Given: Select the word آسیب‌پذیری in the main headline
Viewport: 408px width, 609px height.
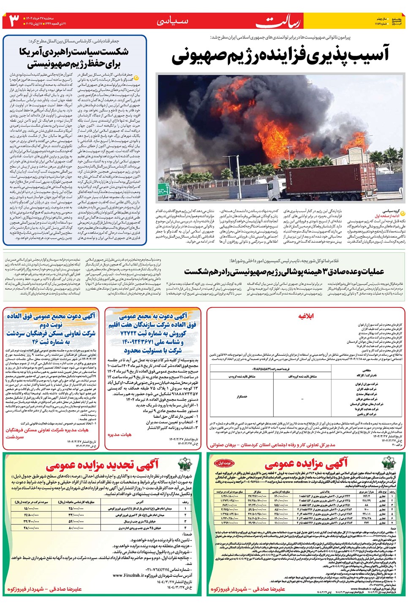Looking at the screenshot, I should point(348,55).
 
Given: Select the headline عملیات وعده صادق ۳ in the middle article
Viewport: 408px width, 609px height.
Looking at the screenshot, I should point(343,271).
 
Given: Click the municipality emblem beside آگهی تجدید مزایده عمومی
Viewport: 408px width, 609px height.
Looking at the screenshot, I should point(185,464).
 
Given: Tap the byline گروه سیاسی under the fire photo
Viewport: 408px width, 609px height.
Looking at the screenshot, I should point(391,211).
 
